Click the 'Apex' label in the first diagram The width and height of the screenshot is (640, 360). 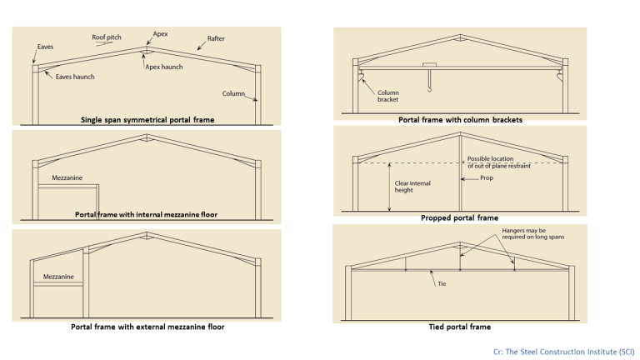[161, 35]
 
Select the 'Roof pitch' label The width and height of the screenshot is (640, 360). [107, 37]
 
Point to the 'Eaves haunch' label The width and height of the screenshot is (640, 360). [75, 77]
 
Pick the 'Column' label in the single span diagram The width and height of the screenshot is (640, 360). [233, 93]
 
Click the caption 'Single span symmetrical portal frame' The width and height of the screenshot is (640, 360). [147, 120]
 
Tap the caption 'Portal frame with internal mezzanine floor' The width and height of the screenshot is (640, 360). [146, 214]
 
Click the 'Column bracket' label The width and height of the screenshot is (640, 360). [389, 97]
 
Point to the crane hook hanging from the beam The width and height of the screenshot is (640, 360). [427, 82]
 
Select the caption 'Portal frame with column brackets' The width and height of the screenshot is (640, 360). [460, 120]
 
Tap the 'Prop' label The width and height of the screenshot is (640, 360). [487, 177]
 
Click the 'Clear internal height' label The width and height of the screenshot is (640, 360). [411, 187]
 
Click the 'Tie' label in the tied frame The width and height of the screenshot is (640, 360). [442, 283]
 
